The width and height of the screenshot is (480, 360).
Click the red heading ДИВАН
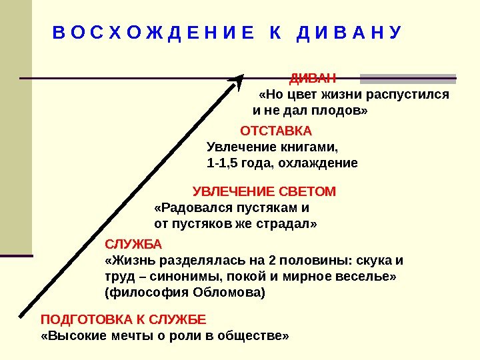(x=312, y=77)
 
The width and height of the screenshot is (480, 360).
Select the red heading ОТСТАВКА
(x=275, y=129)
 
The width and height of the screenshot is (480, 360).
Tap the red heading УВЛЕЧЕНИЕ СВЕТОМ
(x=264, y=192)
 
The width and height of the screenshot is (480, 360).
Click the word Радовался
(x=187, y=207)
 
